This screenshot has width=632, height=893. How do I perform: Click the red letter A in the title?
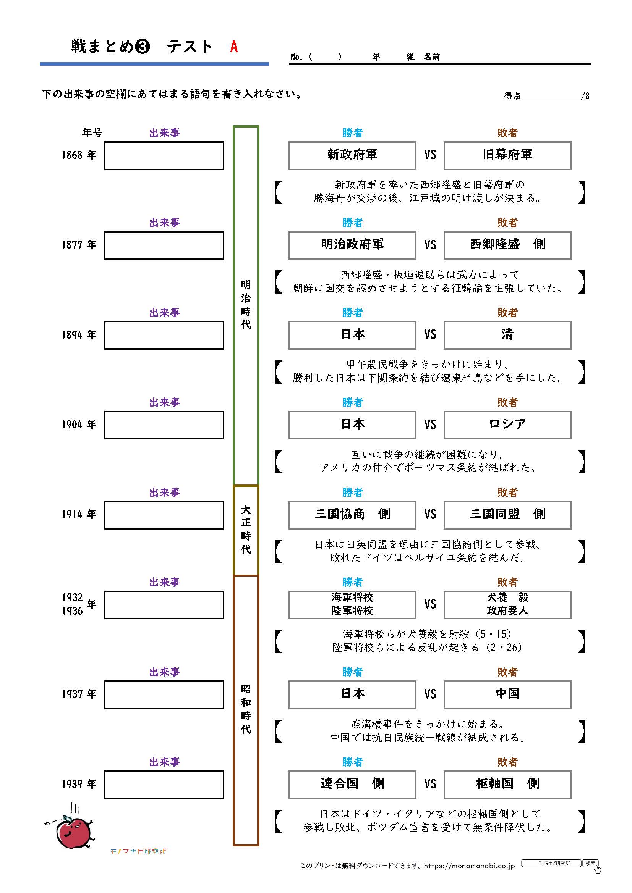pyautogui.click(x=233, y=47)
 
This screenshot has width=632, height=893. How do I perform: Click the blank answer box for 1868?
pyautogui.click(x=164, y=155)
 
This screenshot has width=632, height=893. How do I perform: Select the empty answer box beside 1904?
pyautogui.click(x=164, y=425)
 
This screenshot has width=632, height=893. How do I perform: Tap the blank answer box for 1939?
pyautogui.click(x=164, y=785)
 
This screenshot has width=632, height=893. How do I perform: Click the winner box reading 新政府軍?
pyautogui.click(x=352, y=155)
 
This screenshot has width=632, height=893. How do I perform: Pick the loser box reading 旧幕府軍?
pyautogui.click(x=507, y=155)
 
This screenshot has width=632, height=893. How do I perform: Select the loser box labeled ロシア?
pyautogui.click(x=507, y=425)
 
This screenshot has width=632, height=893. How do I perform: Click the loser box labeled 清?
pyautogui.click(x=507, y=335)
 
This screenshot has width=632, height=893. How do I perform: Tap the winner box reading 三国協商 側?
pyautogui.click(x=352, y=515)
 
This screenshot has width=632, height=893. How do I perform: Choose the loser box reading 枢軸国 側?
pyautogui.click(x=507, y=785)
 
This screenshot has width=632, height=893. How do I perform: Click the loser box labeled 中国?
pyautogui.click(x=507, y=694)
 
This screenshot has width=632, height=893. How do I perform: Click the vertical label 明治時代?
pyautogui.click(x=246, y=305)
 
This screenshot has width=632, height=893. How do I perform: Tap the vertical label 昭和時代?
pyautogui.click(x=246, y=709)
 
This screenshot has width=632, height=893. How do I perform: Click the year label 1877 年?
pyautogui.click(x=79, y=245)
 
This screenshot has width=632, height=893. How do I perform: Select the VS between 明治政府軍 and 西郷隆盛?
pyautogui.click(x=430, y=245)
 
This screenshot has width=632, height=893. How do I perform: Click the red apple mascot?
pyautogui.click(x=73, y=832)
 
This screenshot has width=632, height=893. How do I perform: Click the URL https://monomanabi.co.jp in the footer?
pyautogui.click(x=469, y=866)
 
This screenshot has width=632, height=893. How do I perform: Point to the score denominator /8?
pyautogui.click(x=585, y=96)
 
